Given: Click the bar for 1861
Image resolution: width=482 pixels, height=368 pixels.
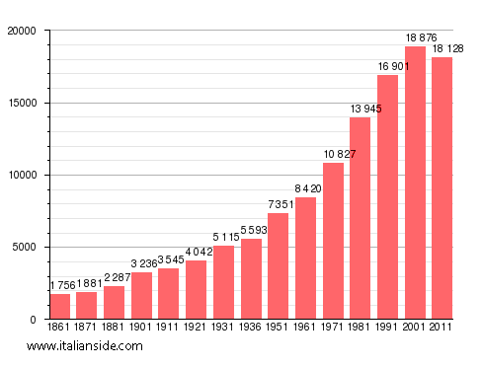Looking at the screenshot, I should (60, 307).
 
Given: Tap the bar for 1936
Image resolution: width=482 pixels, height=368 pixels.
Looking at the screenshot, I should (252, 279).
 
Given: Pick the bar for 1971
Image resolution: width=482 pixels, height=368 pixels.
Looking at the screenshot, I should (334, 241).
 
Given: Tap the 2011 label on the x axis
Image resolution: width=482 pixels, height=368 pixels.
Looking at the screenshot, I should (442, 327).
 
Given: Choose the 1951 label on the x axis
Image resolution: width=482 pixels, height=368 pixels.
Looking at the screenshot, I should (278, 327).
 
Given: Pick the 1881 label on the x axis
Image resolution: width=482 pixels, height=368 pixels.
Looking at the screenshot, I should (115, 327).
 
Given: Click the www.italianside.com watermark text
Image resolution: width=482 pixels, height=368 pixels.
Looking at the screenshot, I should (85, 346).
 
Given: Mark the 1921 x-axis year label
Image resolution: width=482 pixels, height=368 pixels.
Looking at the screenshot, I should (197, 327).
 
